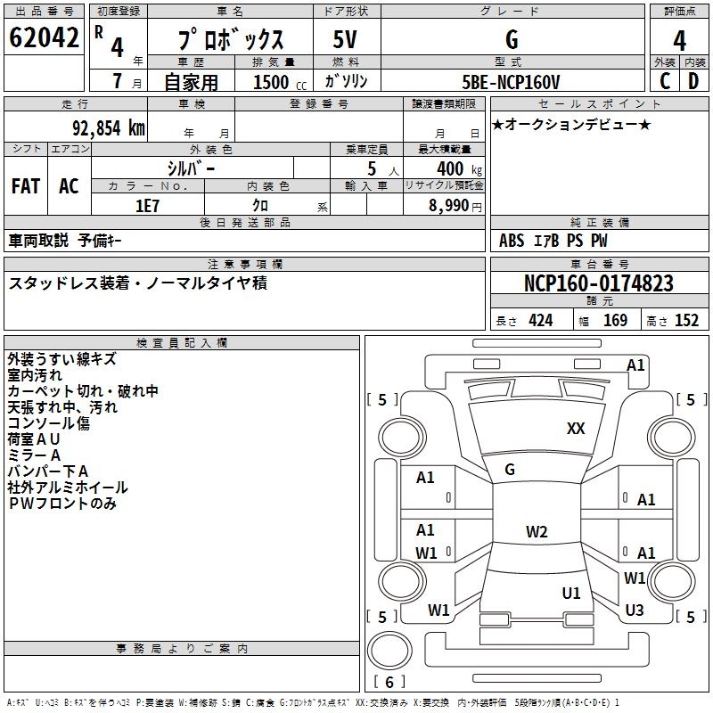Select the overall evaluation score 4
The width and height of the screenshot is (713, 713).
click(679, 40)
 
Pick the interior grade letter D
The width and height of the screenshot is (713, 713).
click(693, 80)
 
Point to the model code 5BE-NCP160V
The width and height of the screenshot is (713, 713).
click(511, 81)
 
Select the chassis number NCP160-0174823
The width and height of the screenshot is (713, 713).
click(598, 284)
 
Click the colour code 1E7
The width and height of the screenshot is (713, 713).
click(147, 206)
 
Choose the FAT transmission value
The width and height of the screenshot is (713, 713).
click(25, 186)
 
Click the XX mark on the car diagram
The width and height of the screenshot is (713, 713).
click(576, 429)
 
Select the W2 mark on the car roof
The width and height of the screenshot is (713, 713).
click(536, 532)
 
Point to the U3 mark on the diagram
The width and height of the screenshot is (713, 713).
click(635, 610)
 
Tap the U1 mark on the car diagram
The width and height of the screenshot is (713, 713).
click(571, 593)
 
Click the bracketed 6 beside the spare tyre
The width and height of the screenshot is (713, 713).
click(389, 683)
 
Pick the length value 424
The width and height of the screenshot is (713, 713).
click(540, 321)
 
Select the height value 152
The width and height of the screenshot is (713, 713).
click(686, 321)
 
